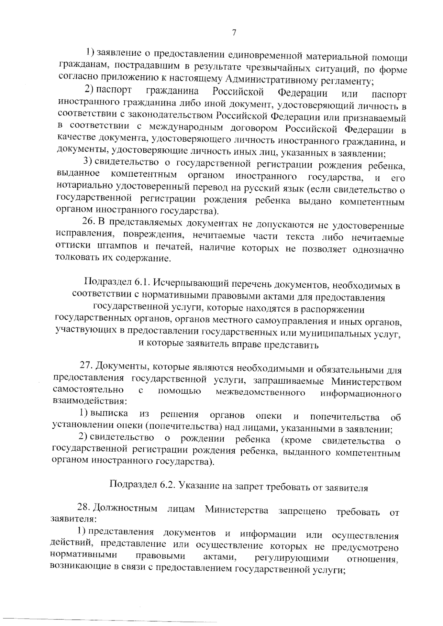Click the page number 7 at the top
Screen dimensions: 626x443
[234, 33]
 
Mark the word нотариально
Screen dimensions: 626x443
[80, 189]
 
